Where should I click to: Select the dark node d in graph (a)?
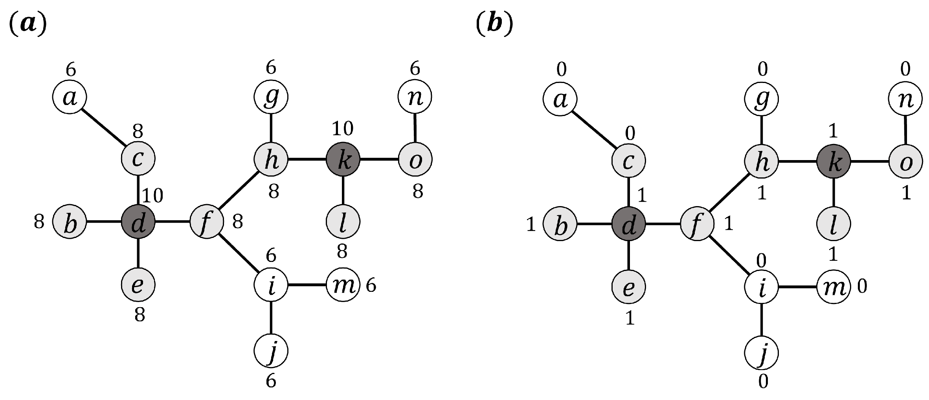click(x=138, y=222)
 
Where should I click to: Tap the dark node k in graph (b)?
click(x=834, y=161)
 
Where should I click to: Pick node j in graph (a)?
click(x=271, y=350)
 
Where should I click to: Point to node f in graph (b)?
click(x=697, y=223)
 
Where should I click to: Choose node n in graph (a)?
click(x=415, y=96)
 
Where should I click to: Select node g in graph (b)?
click(x=762, y=98)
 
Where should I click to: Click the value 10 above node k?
click(x=343, y=128)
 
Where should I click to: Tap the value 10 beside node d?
click(x=152, y=195)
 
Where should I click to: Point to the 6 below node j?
click(x=271, y=381)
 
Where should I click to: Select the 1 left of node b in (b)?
click(x=531, y=225)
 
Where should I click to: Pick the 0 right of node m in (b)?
click(x=862, y=287)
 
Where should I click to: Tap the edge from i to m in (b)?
click(x=798, y=287)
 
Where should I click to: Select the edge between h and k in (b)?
click(x=798, y=161)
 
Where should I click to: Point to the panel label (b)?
click(x=494, y=25)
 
